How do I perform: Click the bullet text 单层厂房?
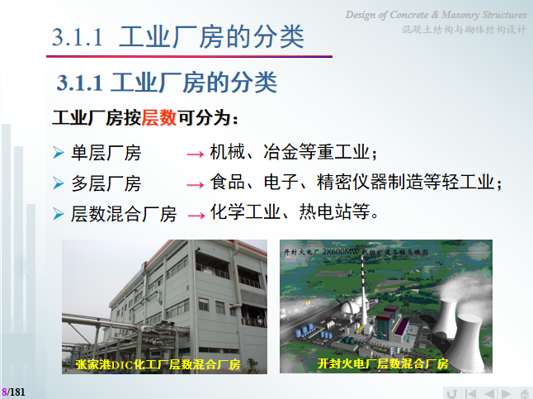pyautogui.click(x=106, y=154)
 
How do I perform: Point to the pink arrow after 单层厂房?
pyautogui.click(x=195, y=154)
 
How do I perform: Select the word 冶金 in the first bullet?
pyautogui.click(x=281, y=153)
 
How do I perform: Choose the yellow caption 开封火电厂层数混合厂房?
pyautogui.click(x=383, y=363)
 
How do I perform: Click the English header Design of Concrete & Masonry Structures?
pyautogui.click(x=436, y=15)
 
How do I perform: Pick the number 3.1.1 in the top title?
pyautogui.click(x=77, y=37)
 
